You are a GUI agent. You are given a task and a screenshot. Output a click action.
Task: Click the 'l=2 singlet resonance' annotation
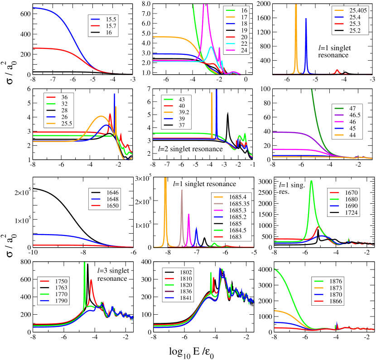click(190, 148)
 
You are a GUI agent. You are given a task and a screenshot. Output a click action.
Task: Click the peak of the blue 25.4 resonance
click(306, 19)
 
